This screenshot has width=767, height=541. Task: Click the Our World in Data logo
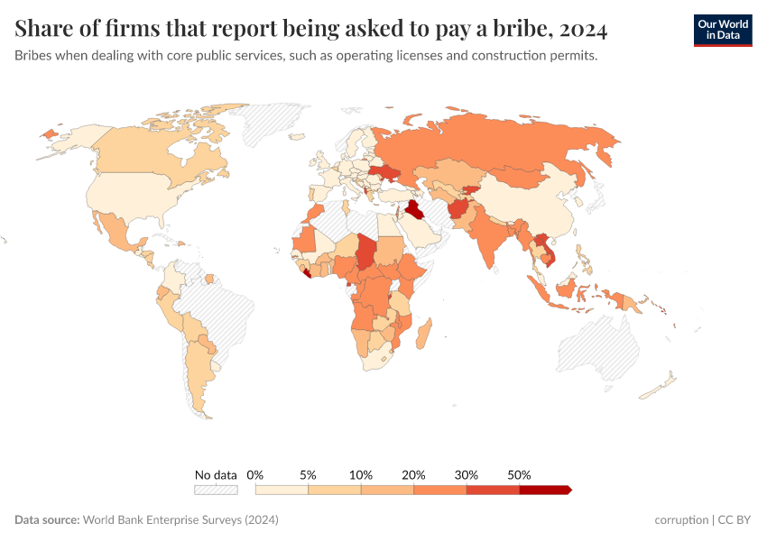722,30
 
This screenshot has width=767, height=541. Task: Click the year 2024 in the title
583,30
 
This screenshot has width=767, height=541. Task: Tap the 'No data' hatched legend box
216,490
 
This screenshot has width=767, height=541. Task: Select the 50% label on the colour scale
520,474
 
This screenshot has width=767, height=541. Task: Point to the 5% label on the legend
308,474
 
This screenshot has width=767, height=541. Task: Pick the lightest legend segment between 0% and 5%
282,490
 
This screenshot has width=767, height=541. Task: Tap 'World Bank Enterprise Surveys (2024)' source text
180,520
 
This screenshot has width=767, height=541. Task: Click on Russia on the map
505,144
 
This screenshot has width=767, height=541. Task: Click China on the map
532,203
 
